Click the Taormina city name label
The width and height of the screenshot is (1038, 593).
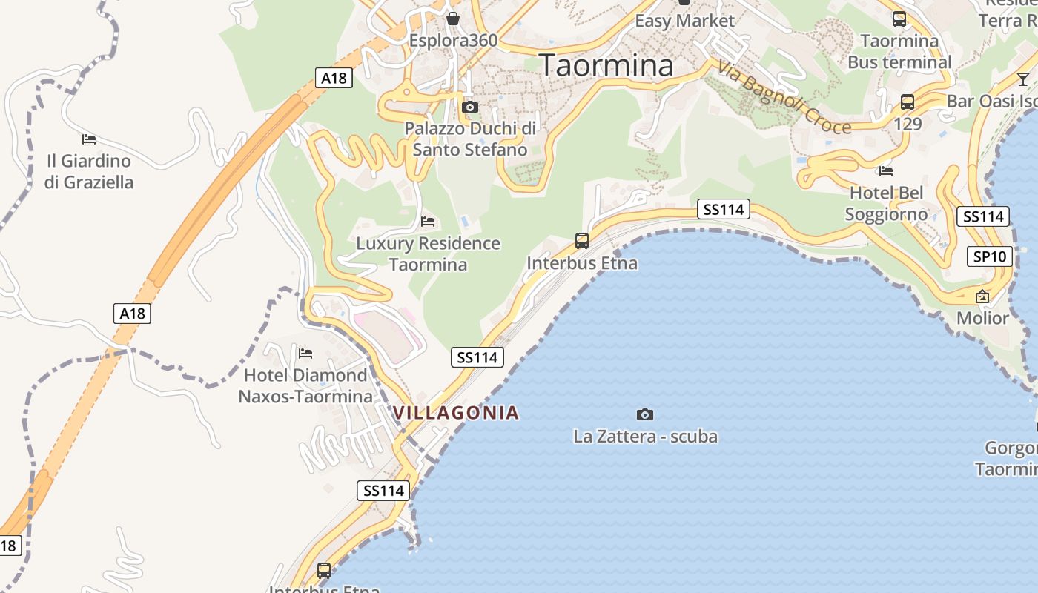coord(606,65)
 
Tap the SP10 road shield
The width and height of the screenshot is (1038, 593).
coord(990,257)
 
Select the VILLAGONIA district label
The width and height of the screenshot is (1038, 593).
coord(456,413)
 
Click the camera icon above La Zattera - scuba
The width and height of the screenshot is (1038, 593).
coord(645,414)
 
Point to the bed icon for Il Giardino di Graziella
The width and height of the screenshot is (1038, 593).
coord(89,139)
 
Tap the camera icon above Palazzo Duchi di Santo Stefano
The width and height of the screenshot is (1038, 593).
coord(469,107)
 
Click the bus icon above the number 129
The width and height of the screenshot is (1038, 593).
coord(907,102)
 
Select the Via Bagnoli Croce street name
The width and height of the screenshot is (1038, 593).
coord(784,97)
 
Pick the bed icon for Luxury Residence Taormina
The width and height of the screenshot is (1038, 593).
coord(428,221)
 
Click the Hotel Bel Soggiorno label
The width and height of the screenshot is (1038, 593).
coord(886,204)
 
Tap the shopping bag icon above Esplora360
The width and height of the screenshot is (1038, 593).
coord(452,18)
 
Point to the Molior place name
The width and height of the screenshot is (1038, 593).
coord(982,319)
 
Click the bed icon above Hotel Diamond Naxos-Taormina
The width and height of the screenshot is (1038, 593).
coord(305,353)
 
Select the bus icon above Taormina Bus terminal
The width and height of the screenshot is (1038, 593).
coord(899,19)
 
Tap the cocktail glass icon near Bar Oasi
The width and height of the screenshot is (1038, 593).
coord(1023,79)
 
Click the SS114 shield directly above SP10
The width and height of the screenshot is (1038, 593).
coord(983,216)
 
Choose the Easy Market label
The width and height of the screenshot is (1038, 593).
coord(684,21)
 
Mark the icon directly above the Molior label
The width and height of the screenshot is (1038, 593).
coord(982,296)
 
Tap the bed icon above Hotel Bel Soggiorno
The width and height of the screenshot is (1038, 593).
coord(885,171)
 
